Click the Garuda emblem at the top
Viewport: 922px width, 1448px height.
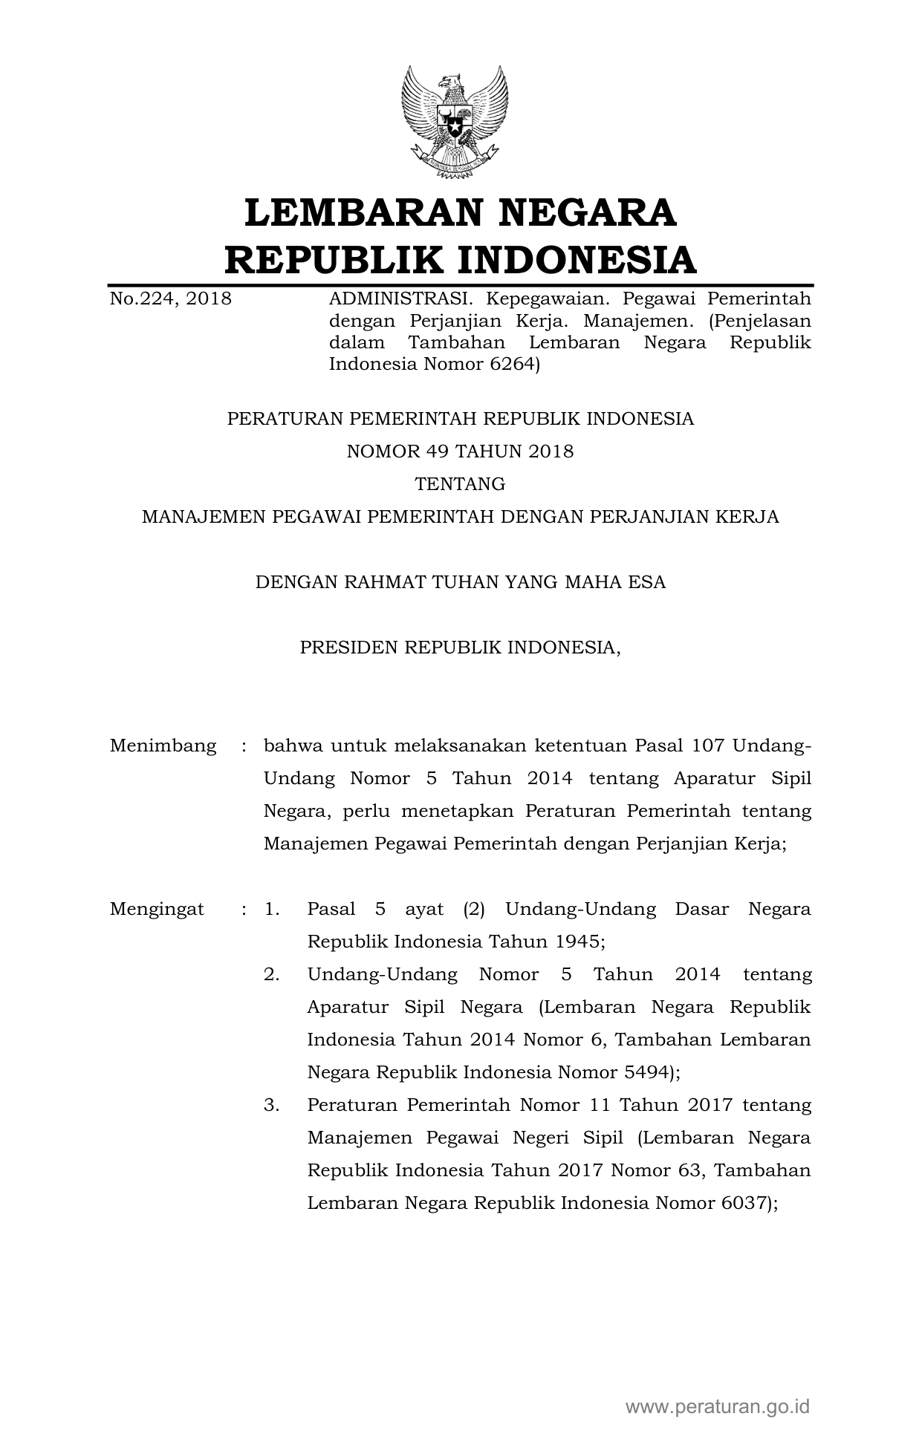(455, 123)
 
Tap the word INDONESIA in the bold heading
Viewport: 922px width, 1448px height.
(576, 260)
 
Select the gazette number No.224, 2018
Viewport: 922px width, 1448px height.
(170, 299)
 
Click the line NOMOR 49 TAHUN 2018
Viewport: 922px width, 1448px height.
(460, 451)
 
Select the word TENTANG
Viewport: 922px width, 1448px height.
(460, 484)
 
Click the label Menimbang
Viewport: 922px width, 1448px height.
(163, 746)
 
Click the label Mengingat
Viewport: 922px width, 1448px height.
(157, 909)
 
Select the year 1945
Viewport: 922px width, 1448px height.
(577, 942)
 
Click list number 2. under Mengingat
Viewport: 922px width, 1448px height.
(271, 974)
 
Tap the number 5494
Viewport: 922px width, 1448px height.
(646, 1072)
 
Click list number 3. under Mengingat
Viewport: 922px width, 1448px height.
(271, 1105)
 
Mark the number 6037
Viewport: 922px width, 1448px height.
(745, 1203)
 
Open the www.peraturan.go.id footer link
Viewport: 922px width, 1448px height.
(717, 1406)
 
